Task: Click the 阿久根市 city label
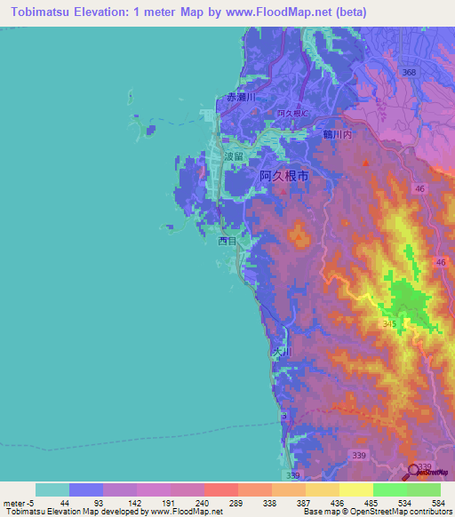(284, 177)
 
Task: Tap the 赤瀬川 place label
(241, 97)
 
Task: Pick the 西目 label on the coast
(227, 240)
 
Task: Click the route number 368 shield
(409, 72)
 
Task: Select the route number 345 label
(390, 325)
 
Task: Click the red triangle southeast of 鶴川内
(365, 163)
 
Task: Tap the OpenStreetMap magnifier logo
(415, 472)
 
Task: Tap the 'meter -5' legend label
(17, 504)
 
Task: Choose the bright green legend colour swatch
(390, 489)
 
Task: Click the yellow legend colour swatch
(356, 489)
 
